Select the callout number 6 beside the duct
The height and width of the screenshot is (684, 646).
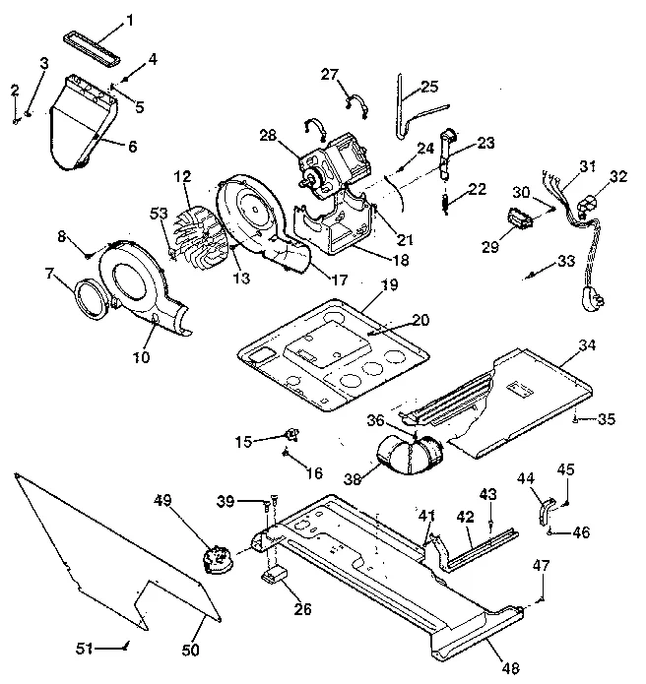click(132, 147)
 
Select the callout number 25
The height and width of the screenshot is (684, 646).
click(428, 87)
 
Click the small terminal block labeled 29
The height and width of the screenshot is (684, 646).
click(523, 218)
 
